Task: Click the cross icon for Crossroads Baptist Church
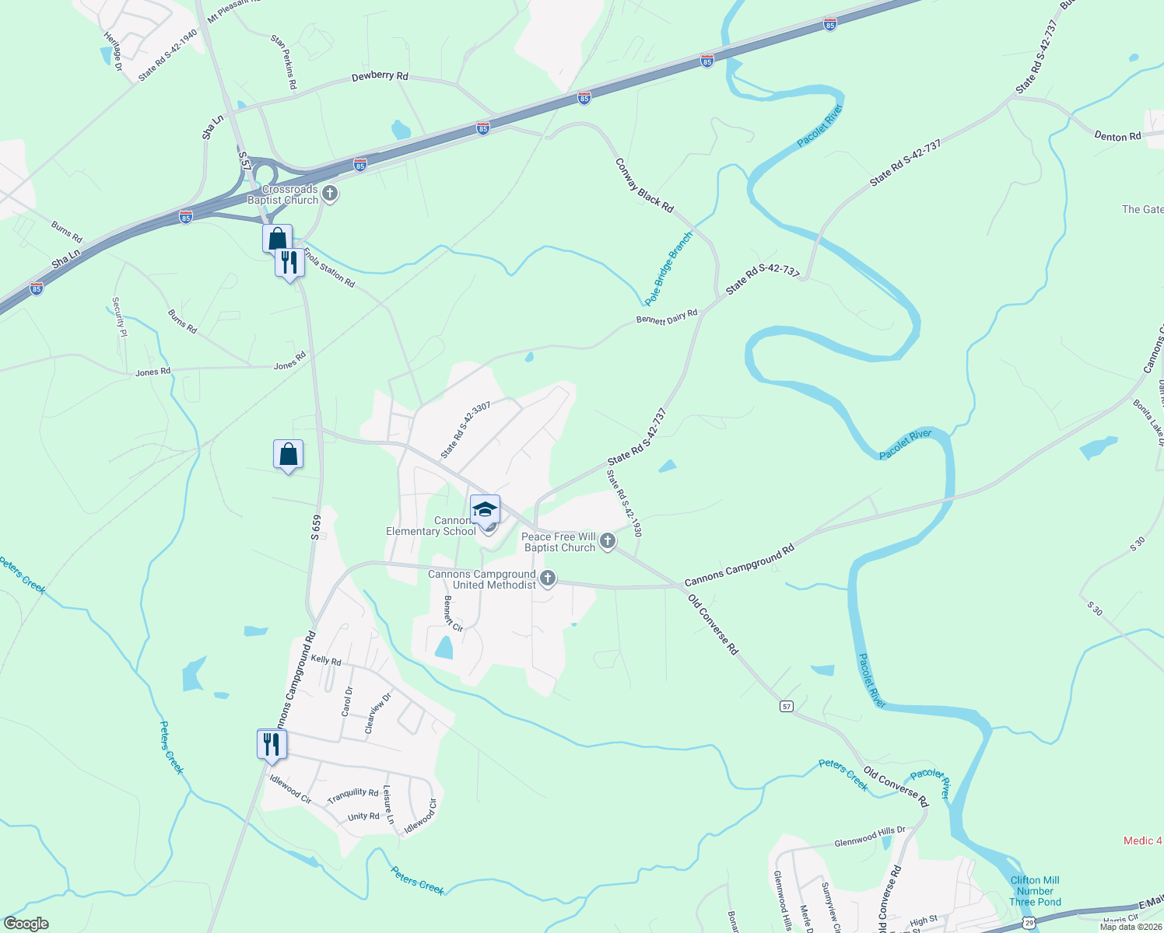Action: [x=330, y=193]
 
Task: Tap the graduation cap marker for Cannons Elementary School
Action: [x=485, y=510]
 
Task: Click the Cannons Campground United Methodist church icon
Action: [x=548, y=578]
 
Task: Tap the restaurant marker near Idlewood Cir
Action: [x=272, y=744]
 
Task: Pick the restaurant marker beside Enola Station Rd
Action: [x=289, y=264]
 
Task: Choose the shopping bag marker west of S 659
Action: [x=288, y=454]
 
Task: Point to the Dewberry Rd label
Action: [x=380, y=76]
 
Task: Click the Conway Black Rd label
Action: [x=644, y=186]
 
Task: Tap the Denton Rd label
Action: [x=1117, y=136]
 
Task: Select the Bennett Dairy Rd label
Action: [x=667, y=316]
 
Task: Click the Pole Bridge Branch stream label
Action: [x=668, y=268]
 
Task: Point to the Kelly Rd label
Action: [x=326, y=661]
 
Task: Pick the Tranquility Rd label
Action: [x=352, y=796]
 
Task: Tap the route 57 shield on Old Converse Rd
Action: [x=787, y=706]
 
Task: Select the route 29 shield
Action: [x=1029, y=923]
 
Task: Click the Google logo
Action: [x=26, y=924]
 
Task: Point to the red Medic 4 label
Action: [x=1142, y=840]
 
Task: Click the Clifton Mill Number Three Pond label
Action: [x=1035, y=891]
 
